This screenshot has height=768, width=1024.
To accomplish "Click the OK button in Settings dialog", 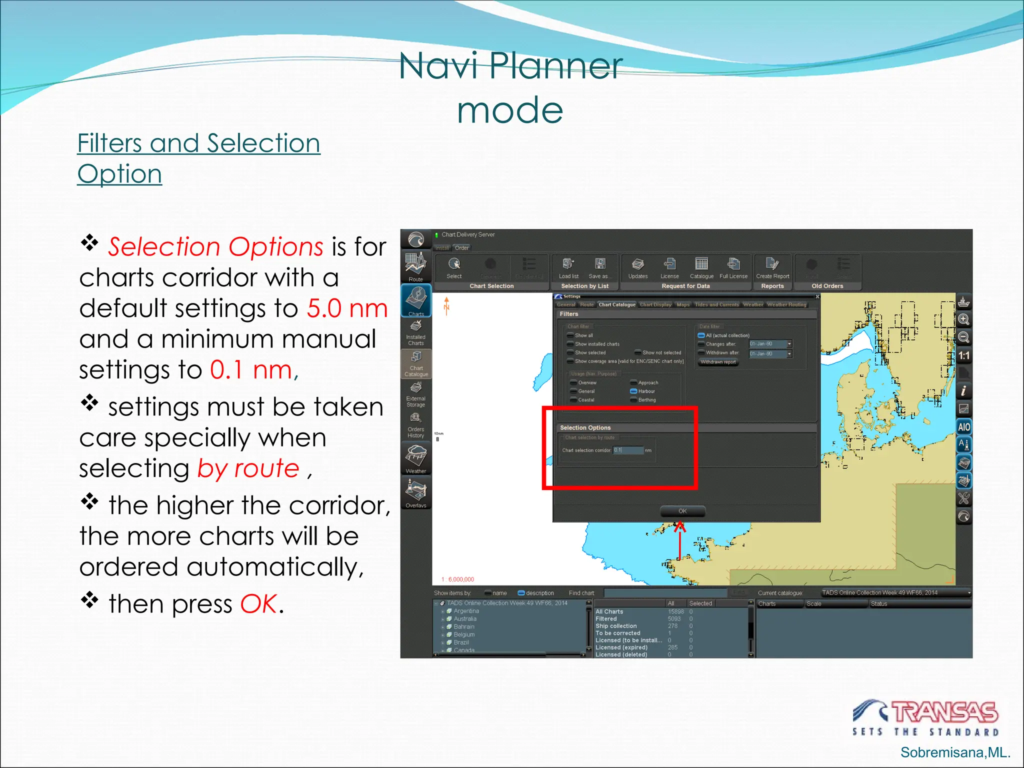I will click(x=682, y=511).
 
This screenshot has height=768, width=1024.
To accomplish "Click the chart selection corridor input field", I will click(x=628, y=450).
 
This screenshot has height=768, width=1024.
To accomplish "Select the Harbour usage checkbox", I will click(x=633, y=391).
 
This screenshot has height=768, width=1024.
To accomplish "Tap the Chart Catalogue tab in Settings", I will click(x=617, y=304).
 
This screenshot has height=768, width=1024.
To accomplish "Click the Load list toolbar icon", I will click(x=568, y=268).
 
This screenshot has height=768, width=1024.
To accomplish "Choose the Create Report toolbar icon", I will click(x=772, y=268).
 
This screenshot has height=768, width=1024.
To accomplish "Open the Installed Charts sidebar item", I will click(x=416, y=333).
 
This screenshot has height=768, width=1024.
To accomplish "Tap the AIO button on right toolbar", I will click(x=964, y=427).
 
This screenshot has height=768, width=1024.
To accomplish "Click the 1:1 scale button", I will click(x=964, y=356).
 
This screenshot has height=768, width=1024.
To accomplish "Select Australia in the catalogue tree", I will click(x=465, y=619).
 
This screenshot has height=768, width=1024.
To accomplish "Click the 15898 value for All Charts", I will click(x=676, y=611).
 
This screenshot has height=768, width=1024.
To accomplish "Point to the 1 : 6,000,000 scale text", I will click(x=458, y=579).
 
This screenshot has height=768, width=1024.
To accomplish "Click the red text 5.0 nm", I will click(x=347, y=308).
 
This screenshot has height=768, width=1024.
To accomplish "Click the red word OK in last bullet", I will click(x=258, y=604).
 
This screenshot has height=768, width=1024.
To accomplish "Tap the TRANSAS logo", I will click(x=926, y=717).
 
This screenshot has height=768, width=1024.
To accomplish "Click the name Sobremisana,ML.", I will click(x=955, y=752).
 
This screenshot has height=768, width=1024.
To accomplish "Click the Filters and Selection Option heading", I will click(x=198, y=158).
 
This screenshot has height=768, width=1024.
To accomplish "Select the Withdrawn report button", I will click(x=718, y=362).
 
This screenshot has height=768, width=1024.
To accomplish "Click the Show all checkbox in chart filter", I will click(x=570, y=335).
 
